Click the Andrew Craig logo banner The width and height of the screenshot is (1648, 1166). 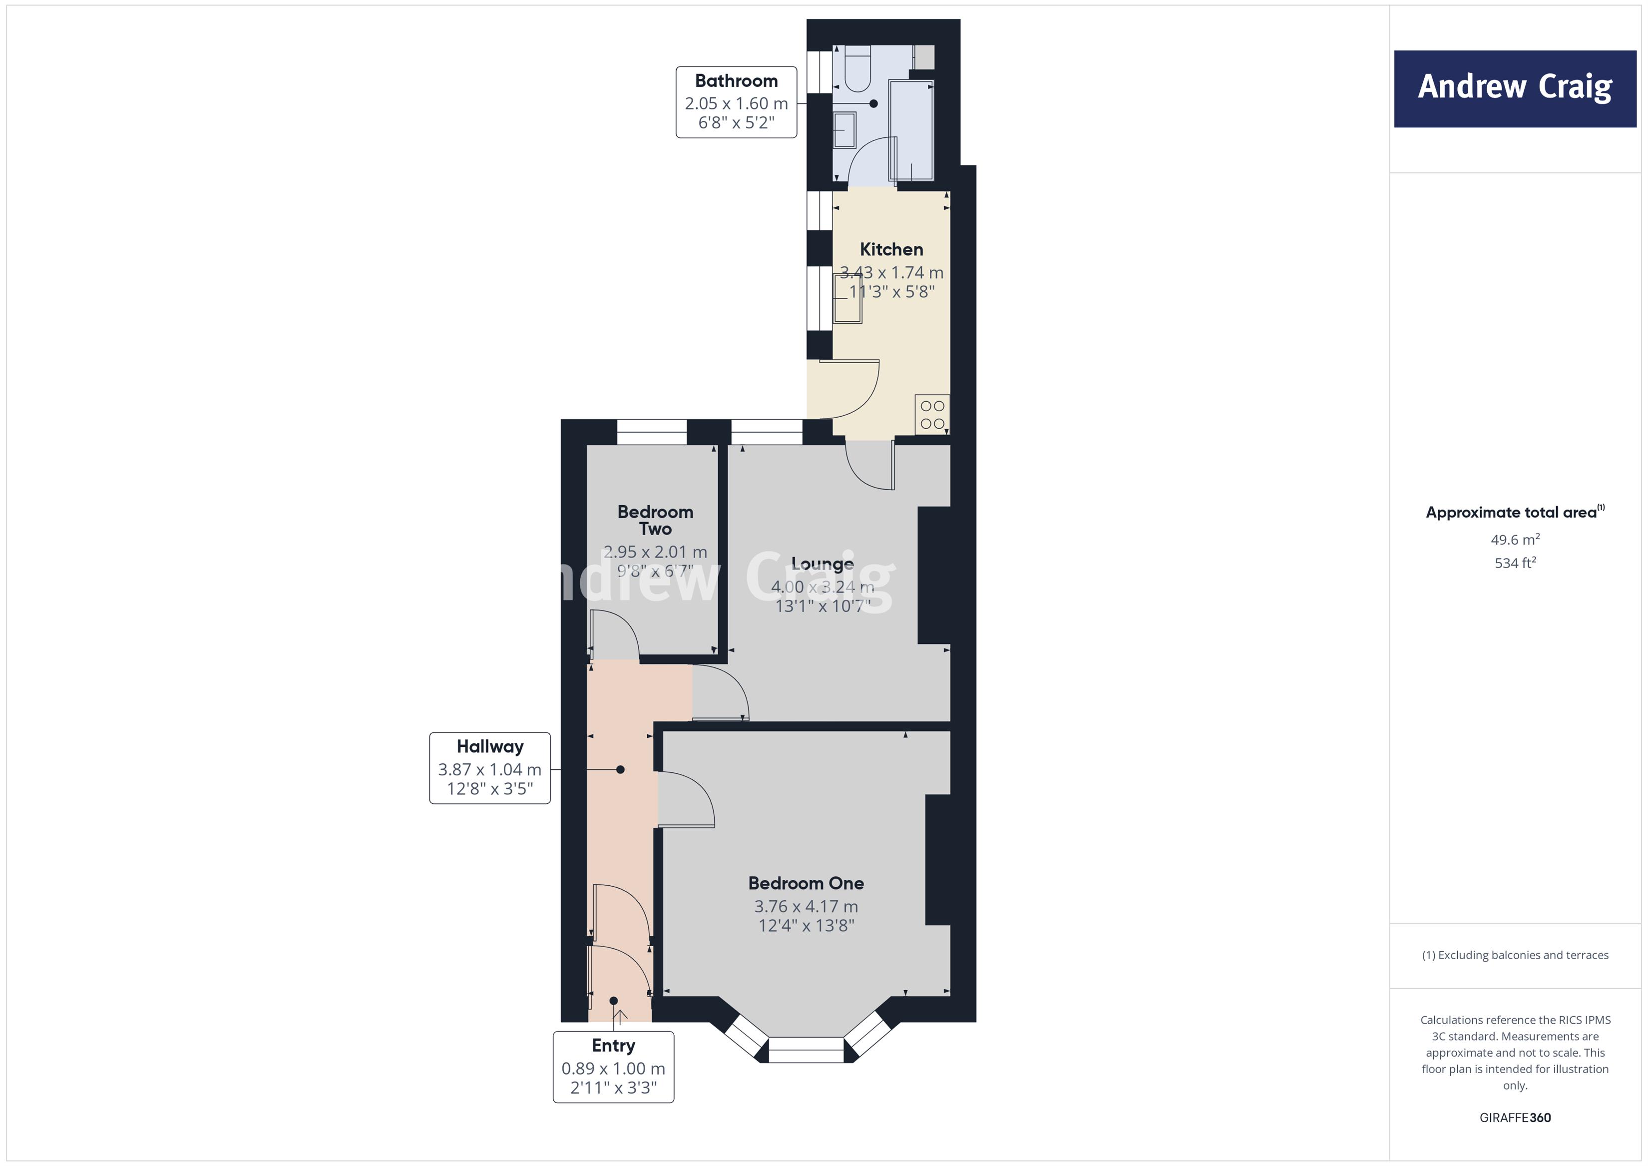point(1515,88)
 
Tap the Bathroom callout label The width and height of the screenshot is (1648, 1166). point(736,102)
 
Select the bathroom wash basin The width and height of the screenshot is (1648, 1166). point(845,130)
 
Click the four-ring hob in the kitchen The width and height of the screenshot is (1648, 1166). point(932,414)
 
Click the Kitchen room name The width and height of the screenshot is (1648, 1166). point(891,249)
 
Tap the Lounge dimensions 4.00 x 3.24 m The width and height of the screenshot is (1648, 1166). point(822,586)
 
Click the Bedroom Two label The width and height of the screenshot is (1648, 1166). point(655,520)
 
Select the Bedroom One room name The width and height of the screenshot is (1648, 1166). point(806,883)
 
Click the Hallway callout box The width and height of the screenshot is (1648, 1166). point(489,767)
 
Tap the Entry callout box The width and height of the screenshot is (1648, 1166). point(613,1066)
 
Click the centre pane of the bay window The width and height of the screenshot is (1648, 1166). point(806,1050)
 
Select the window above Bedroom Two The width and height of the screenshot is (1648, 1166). point(651,432)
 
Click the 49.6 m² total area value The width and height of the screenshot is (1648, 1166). point(1515,539)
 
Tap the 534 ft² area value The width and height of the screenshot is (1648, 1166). point(1515,563)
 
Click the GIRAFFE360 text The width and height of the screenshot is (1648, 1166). point(1515,1117)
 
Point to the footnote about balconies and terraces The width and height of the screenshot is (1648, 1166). point(1515,955)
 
